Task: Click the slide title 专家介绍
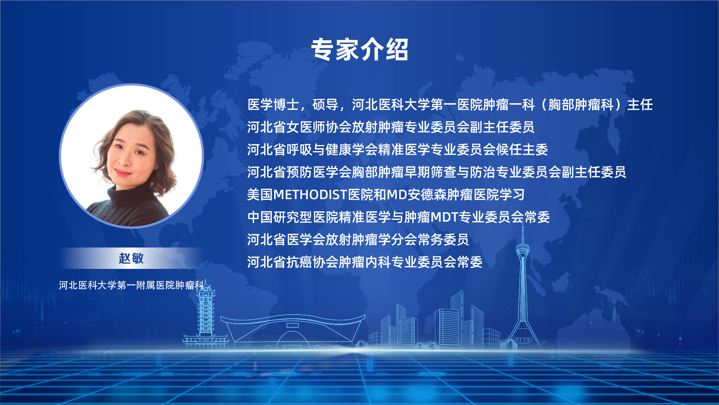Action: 359,49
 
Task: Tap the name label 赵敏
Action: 131,258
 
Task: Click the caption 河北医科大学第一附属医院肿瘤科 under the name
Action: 131,285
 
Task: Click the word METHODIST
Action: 310,195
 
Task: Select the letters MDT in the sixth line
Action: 445,217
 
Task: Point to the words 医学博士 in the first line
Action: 273,105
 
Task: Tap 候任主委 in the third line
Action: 522,150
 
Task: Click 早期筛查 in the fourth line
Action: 430,172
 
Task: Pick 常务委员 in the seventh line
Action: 443,240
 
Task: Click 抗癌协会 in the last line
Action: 312,262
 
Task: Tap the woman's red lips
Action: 123,173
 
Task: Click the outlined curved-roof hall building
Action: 293,332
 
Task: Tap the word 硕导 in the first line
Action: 325,105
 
